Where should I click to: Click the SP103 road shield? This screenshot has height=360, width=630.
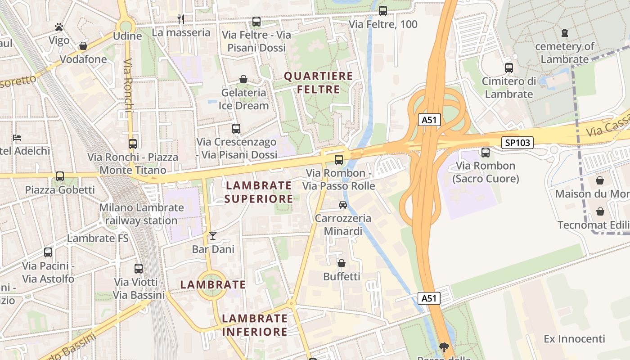(x=517, y=143)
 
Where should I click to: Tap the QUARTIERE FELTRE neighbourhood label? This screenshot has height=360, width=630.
(x=318, y=83)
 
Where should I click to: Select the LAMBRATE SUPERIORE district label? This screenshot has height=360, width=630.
(x=259, y=192)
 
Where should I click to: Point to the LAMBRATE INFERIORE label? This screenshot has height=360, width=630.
(x=255, y=325)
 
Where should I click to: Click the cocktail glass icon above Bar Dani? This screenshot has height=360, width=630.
(x=213, y=235)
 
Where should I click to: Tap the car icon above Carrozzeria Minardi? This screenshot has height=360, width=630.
(x=343, y=205)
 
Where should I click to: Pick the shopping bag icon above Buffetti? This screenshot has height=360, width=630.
(x=342, y=263)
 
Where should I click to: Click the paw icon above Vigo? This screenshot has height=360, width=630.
(x=59, y=27)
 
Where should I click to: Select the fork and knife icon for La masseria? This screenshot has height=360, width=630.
(x=181, y=19)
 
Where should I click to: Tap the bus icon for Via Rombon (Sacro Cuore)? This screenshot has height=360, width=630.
(x=486, y=152)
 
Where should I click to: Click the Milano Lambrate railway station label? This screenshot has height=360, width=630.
(x=141, y=214)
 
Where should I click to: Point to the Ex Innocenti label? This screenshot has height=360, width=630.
(x=574, y=338)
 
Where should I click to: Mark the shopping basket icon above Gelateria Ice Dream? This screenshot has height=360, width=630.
(x=243, y=79)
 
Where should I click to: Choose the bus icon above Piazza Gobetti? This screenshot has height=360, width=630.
(x=60, y=176)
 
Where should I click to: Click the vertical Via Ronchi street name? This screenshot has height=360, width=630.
(x=128, y=85)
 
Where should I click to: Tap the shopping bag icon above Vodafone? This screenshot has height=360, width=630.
(x=83, y=46)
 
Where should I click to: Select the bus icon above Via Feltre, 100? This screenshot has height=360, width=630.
(x=383, y=11)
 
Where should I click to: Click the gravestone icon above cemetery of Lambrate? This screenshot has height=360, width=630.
(x=565, y=32)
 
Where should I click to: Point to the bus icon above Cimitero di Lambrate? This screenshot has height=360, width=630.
(x=509, y=68)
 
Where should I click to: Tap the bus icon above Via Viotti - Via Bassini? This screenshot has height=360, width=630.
(x=139, y=269)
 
